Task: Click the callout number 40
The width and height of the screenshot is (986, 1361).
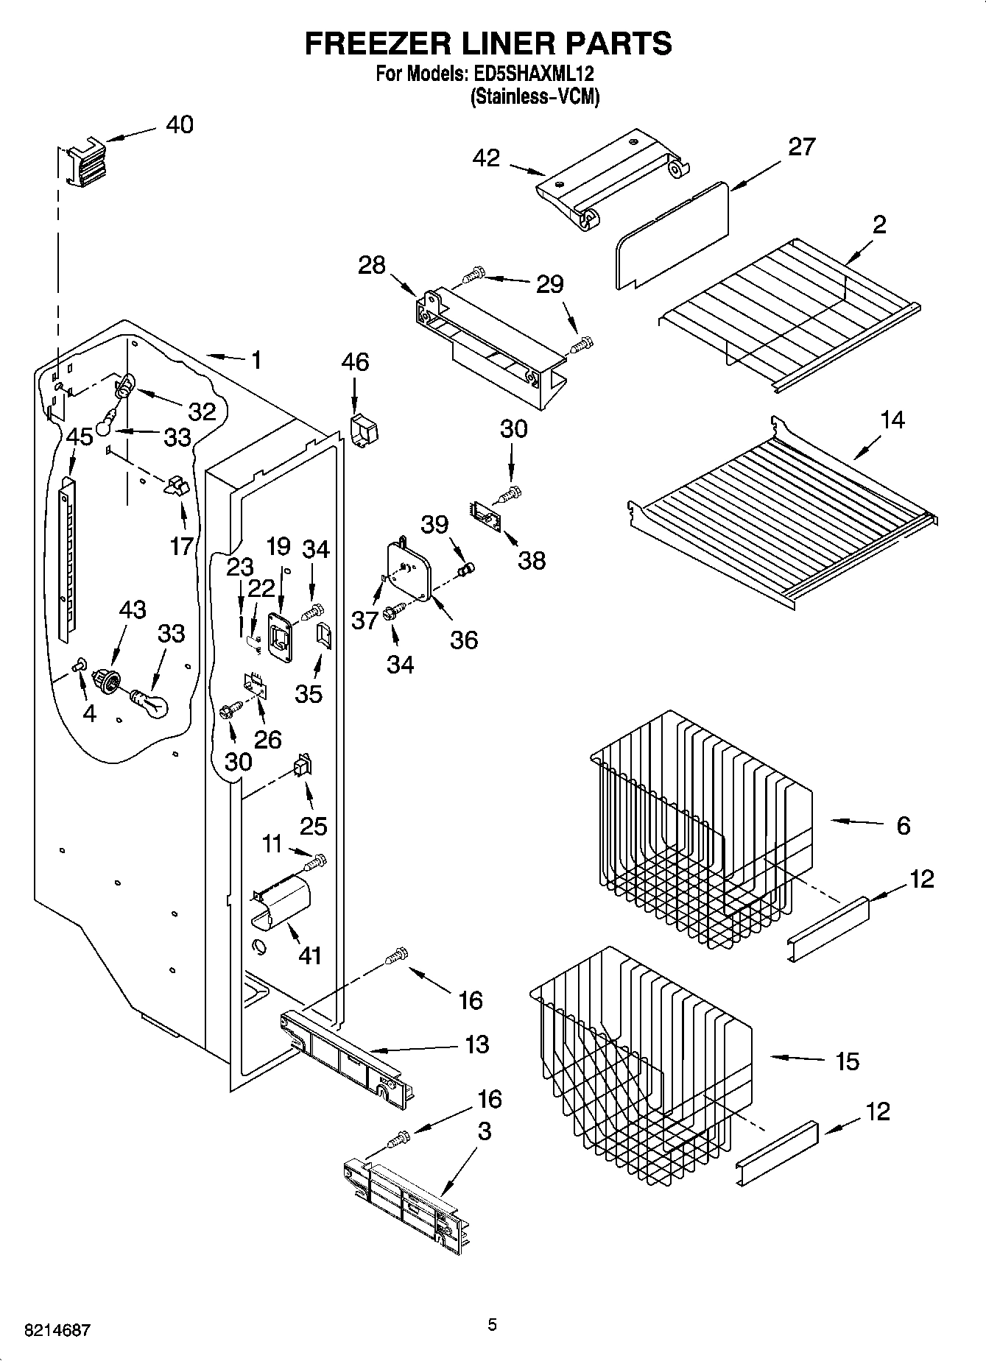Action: (x=179, y=124)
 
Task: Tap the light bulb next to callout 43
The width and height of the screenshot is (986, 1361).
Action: (x=150, y=702)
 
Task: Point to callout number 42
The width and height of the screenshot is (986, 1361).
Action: (x=486, y=158)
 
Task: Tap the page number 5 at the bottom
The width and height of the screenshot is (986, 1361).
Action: (x=492, y=1325)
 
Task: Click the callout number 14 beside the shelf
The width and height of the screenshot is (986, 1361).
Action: (x=892, y=420)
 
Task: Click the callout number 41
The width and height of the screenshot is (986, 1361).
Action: (x=310, y=955)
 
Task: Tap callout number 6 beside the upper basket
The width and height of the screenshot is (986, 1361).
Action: (x=903, y=825)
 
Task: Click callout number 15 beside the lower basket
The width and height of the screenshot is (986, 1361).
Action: (x=848, y=1061)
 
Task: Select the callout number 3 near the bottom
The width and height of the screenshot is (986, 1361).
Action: (x=483, y=1131)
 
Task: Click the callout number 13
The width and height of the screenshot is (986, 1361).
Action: (x=477, y=1044)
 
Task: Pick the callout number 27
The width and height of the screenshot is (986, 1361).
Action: (x=801, y=146)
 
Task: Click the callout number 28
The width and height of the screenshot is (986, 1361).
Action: (x=371, y=264)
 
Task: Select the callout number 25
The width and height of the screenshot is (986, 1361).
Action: (x=313, y=825)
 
